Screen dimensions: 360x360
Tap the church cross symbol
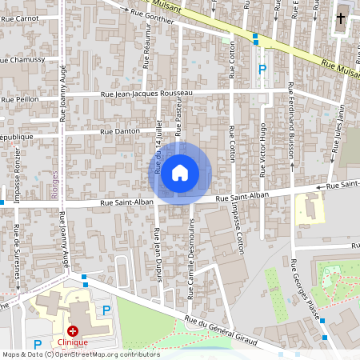pos(342,18)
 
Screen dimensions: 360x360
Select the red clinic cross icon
pos(73,330)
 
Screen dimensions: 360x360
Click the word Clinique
pos(89,342)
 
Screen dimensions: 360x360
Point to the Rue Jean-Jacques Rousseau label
pos(147,94)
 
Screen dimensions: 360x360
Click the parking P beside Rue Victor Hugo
pos(262,70)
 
